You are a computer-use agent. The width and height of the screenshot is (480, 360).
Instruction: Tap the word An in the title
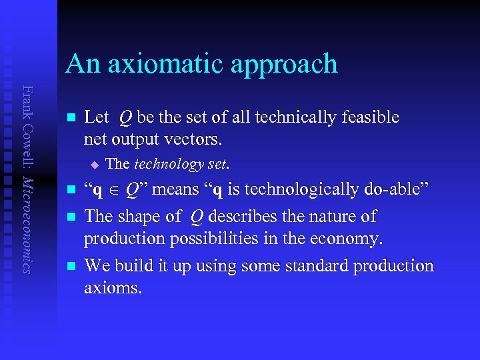tap(81, 64)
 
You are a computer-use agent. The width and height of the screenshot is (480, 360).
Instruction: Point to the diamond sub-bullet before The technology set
tap(95, 164)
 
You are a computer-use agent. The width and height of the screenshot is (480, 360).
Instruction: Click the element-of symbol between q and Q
tap(115, 191)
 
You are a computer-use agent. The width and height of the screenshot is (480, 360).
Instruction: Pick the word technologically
tap(309, 191)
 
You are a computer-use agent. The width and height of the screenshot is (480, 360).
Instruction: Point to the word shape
tap(139, 217)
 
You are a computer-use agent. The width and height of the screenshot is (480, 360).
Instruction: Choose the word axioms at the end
tap(113, 288)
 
